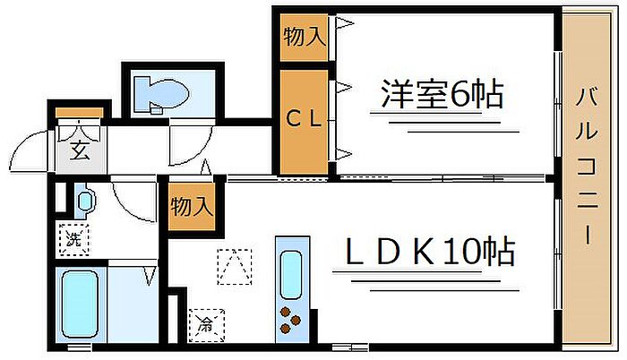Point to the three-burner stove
[x=291, y=318]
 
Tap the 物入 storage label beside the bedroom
[x=304, y=38]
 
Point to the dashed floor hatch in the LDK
[x=235, y=265]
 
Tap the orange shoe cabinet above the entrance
[x=81, y=113]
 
